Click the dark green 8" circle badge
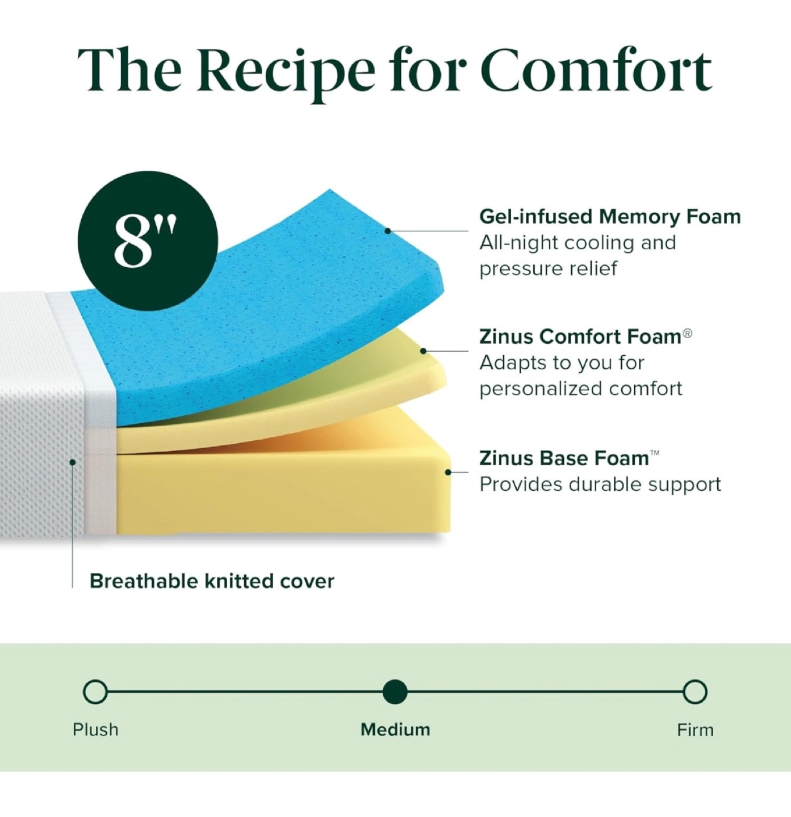[x=148, y=241]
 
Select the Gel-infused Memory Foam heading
[x=610, y=217]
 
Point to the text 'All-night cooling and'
[x=577, y=243]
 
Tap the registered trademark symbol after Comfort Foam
[x=687, y=334]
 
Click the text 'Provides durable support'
[x=600, y=484]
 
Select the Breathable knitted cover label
[x=212, y=581]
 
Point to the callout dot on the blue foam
[x=387, y=230]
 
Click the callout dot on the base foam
[x=447, y=472]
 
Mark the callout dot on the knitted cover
[x=72, y=462]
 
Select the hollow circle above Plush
[x=95, y=692]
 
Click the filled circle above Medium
[x=395, y=692]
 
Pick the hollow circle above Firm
[x=695, y=692]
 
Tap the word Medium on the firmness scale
[x=395, y=730]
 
